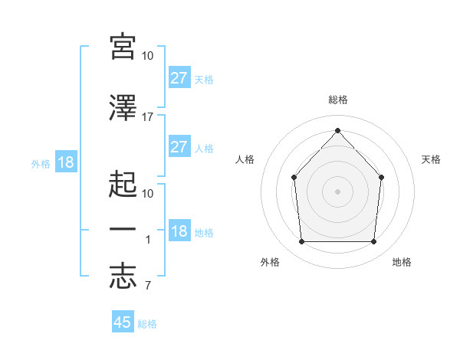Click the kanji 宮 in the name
(x=123, y=47)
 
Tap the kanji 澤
(x=123, y=108)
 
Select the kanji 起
(x=123, y=184)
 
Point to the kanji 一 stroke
(x=123, y=229)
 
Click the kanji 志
(x=123, y=277)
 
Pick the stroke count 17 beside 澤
(x=147, y=117)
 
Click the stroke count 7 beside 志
(x=148, y=285)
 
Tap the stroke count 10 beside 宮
(x=147, y=56)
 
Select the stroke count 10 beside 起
(x=147, y=194)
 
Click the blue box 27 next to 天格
(x=179, y=77)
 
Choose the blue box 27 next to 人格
(x=179, y=146)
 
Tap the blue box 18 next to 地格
(x=179, y=230)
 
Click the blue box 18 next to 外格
(x=66, y=162)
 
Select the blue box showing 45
(x=123, y=321)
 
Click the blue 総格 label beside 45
(x=147, y=324)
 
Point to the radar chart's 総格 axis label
(x=338, y=100)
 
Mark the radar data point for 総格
(x=337, y=130)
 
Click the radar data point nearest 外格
(x=301, y=241)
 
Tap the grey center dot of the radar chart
(x=337, y=191)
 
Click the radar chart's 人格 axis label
(x=245, y=159)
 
